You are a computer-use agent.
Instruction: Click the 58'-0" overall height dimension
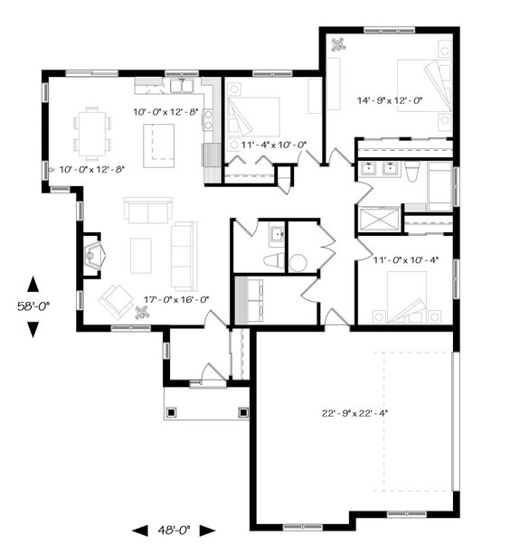33,306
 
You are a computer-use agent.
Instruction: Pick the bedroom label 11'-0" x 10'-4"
405,260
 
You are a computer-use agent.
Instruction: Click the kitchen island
159,141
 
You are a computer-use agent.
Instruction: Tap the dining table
92,129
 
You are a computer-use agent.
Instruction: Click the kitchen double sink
184,87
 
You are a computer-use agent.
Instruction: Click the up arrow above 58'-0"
33,284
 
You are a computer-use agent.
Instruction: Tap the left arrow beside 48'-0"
140,530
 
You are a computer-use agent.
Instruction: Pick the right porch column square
241,412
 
